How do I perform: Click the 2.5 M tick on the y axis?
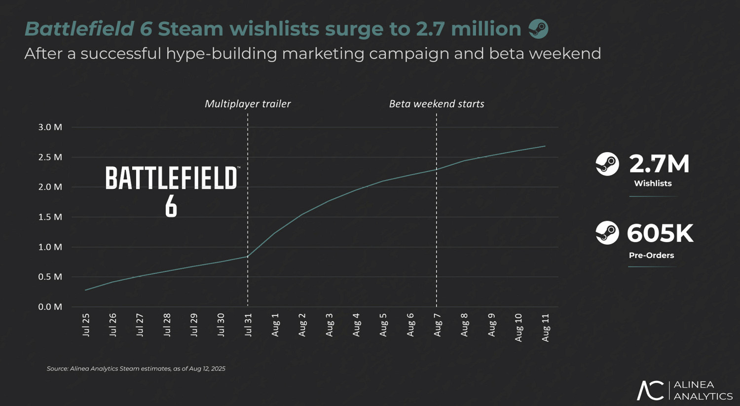point(50,157)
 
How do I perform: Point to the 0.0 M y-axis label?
point(50,307)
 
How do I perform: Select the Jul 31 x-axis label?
point(248,325)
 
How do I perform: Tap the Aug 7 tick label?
point(437,325)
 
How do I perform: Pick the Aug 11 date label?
point(545,327)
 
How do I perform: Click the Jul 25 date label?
point(86,325)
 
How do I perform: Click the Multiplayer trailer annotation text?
point(248,104)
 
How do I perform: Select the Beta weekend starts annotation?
point(437,104)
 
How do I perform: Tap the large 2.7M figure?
point(659,164)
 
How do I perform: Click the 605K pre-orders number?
point(660,233)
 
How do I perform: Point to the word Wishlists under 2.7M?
point(653,184)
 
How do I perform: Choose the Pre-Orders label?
point(651,256)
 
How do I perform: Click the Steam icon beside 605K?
point(607,233)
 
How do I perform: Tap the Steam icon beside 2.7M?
point(607,164)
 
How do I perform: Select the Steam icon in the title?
point(538,29)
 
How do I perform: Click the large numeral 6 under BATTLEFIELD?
point(171,206)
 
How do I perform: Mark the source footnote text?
point(136,369)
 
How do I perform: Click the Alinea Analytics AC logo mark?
point(650,390)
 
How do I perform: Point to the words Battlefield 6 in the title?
point(88,29)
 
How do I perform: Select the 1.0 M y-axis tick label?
point(50,247)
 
